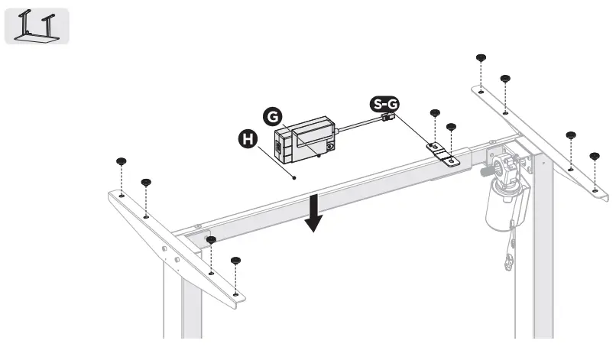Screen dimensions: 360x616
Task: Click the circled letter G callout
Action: (x=271, y=116)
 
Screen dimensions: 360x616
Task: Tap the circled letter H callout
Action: (x=246, y=139)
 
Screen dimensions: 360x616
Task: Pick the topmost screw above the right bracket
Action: (x=481, y=58)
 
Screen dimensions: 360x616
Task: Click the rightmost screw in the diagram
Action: (x=594, y=157)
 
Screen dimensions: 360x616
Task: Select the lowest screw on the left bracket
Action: (x=235, y=261)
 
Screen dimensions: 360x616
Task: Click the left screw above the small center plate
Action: (x=434, y=113)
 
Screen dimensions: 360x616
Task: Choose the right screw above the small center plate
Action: (x=451, y=127)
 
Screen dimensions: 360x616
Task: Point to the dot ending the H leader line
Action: (x=295, y=177)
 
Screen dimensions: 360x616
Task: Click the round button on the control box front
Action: (x=330, y=146)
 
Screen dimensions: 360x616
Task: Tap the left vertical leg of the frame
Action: (x=172, y=298)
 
